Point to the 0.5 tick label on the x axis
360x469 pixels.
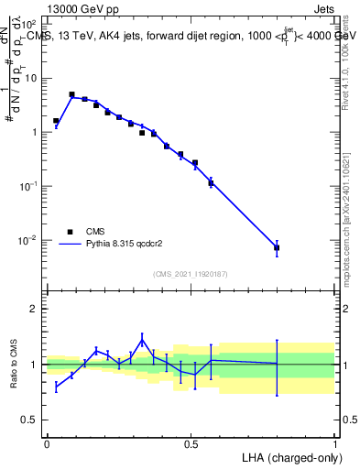(x=191, y=443)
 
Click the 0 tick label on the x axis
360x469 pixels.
(x=47, y=443)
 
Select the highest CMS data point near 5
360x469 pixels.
(x=71, y=94)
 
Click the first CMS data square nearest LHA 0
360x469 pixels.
(x=56, y=121)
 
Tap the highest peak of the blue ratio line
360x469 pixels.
(x=142, y=339)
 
